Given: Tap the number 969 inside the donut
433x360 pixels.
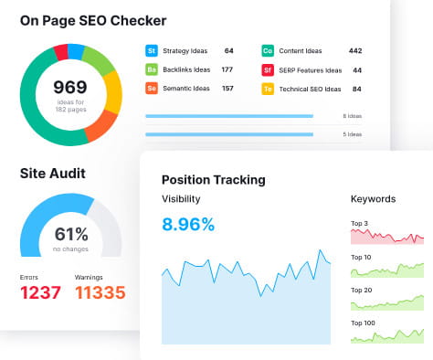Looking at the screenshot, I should click(69, 89).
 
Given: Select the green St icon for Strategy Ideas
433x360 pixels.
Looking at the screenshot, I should click(152, 51).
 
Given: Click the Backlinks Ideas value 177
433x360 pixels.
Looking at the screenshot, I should click(227, 69).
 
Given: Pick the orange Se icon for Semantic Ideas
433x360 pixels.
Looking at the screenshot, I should click(152, 89).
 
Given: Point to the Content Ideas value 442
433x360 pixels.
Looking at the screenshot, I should click(355, 51).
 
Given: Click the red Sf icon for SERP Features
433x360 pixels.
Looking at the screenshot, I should click(268, 69).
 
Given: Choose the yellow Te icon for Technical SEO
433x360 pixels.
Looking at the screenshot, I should click(268, 89).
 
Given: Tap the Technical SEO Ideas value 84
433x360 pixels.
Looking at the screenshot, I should click(357, 89).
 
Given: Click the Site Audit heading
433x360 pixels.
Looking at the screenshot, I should click(52, 173).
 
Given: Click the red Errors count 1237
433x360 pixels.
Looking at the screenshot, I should click(40, 292).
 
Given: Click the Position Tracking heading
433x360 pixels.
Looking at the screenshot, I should click(213, 180).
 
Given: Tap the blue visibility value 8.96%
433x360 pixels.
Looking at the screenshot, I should click(187, 224).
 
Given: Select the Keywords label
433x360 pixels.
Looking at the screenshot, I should click(373, 198).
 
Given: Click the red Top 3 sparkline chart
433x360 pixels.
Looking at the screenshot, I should click(387, 237).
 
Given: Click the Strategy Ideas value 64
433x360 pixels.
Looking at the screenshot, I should click(229, 51).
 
